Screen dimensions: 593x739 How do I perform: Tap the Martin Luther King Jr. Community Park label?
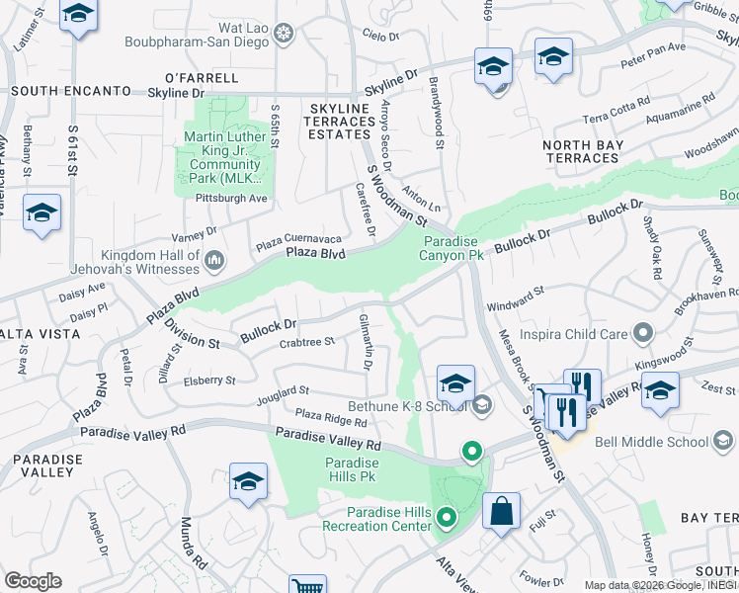pos(222,157)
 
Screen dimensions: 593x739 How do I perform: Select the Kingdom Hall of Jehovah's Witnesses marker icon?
pos(214,261)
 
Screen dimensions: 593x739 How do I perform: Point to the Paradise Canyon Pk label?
pos(453,248)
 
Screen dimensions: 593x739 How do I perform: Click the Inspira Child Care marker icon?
pos(643,333)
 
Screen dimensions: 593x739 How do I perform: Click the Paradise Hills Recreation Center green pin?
pos(447,517)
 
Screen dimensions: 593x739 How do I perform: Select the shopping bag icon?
pos(501,511)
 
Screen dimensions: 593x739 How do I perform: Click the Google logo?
pos(33,581)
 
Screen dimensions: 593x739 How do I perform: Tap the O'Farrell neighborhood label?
pos(202,77)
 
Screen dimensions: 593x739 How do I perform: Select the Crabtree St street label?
pos(307,342)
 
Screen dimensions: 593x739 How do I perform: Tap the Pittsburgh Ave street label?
pos(231,198)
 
